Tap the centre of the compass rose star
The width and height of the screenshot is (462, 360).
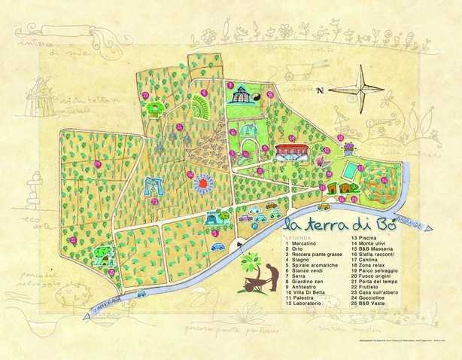[362, 88]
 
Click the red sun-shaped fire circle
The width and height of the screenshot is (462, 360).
[204, 183]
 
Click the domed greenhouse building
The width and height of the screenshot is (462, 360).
[240, 96]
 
